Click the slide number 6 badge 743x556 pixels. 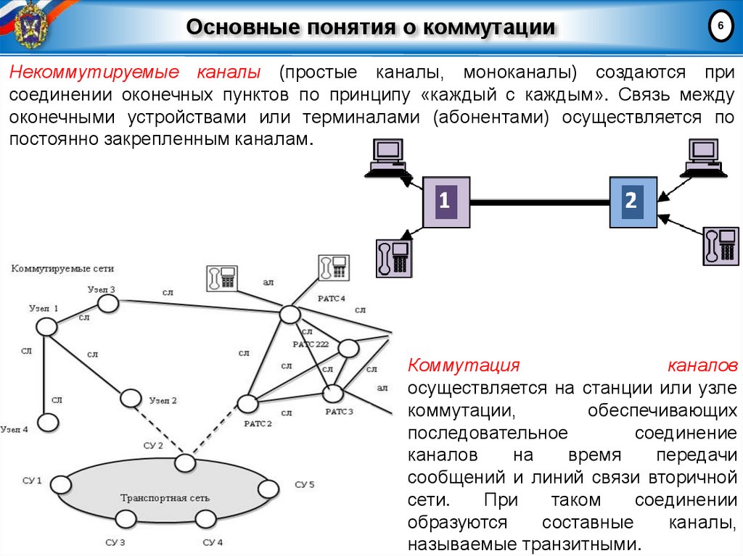720,26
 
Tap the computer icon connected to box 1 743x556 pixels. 387,158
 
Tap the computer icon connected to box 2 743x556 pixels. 703,157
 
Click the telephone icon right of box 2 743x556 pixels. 720,246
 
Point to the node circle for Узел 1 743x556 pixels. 47,327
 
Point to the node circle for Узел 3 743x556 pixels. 108,304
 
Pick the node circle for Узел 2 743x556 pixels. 131,398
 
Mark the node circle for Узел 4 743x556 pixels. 47,421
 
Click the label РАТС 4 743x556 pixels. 332,299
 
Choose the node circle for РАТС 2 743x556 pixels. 247,403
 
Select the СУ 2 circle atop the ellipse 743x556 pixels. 185,462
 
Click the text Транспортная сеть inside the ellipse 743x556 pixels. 165,498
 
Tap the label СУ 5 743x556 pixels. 305,484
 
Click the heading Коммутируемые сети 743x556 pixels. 62,268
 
